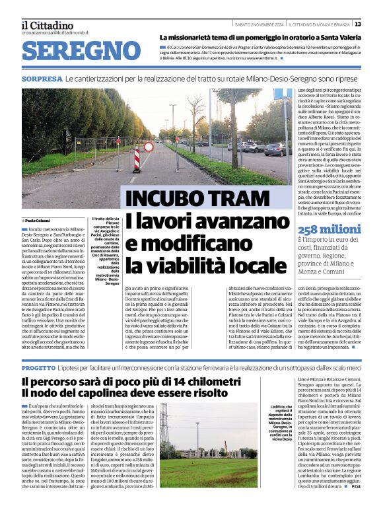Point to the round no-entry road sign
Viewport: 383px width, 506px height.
149,147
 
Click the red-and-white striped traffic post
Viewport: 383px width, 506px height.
137,160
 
